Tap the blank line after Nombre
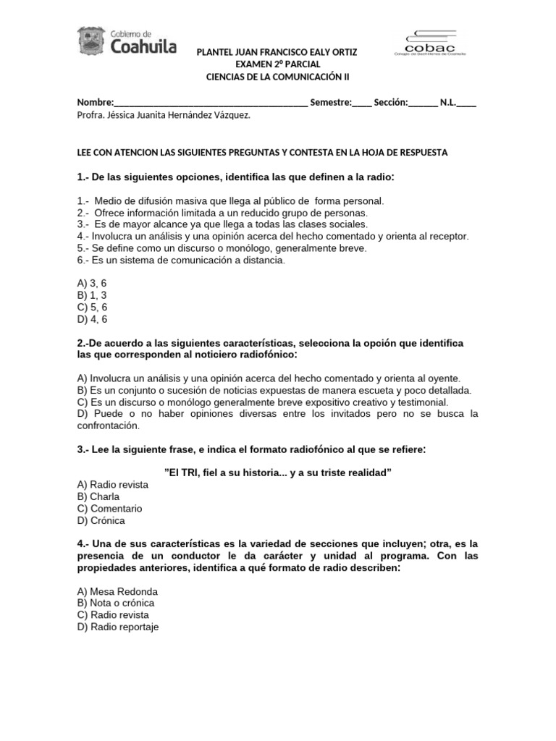pos(211,103)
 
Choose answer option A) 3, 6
pos(92,284)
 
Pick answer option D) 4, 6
pos(92,318)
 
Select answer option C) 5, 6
pos(92,307)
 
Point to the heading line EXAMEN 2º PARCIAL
pos(277,64)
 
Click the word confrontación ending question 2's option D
pos(109,425)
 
